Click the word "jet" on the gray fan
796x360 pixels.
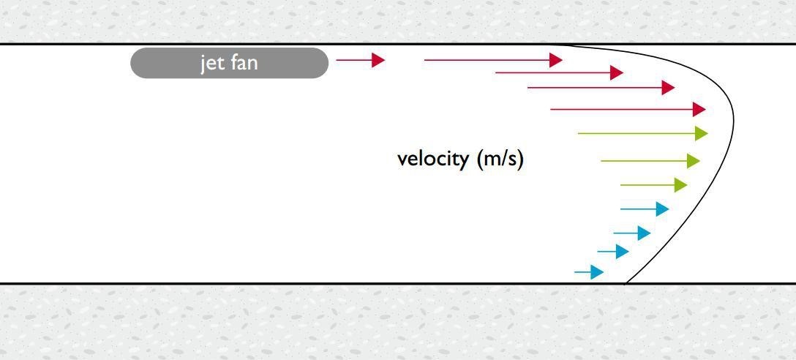[211, 64]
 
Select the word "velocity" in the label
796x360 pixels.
[433, 160]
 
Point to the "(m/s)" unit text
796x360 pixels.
[500, 160]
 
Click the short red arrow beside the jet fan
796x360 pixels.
[361, 60]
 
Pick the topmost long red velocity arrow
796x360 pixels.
[493, 60]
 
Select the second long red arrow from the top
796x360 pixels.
[559, 72]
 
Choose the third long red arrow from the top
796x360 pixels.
[601, 87]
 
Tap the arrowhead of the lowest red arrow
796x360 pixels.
[699, 109]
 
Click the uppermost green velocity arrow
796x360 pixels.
[642, 134]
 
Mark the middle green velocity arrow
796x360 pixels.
[650, 161]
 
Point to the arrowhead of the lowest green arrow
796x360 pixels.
[680, 185]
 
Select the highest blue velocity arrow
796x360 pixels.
[645, 209]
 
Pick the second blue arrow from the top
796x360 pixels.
[632, 233]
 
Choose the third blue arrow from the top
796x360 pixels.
[613, 251]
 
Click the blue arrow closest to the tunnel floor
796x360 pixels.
[589, 272]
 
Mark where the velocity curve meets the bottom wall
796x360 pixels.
[626, 283]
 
